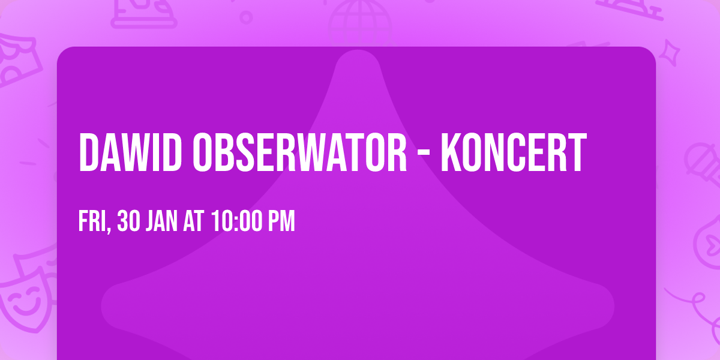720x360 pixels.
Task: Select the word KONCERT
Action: pyautogui.click(x=513, y=153)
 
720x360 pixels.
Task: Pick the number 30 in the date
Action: pyautogui.click(x=128, y=221)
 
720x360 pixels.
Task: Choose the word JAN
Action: pyautogui.click(x=161, y=221)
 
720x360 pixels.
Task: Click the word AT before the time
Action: pyautogui.click(x=193, y=221)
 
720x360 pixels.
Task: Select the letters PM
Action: pyautogui.click(x=281, y=221)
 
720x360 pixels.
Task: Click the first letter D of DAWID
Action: pyautogui.click(x=89, y=153)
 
